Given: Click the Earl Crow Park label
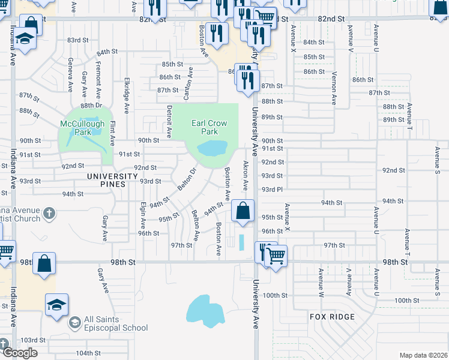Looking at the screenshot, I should click(x=209, y=127).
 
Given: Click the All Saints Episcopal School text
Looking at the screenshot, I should click(x=116, y=323).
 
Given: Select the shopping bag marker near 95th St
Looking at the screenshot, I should click(x=243, y=211).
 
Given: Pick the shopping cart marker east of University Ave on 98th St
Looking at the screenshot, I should click(x=276, y=256).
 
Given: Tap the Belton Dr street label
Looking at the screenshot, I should click(x=187, y=178).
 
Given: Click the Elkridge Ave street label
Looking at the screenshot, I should click(x=127, y=95).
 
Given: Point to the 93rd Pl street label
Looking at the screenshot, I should click(x=272, y=189).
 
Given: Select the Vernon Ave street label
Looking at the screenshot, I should click(x=334, y=83).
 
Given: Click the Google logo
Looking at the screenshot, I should click(x=19, y=353).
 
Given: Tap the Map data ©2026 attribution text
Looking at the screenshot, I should click(x=423, y=355).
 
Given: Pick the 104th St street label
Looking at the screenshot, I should click(x=88, y=353).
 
